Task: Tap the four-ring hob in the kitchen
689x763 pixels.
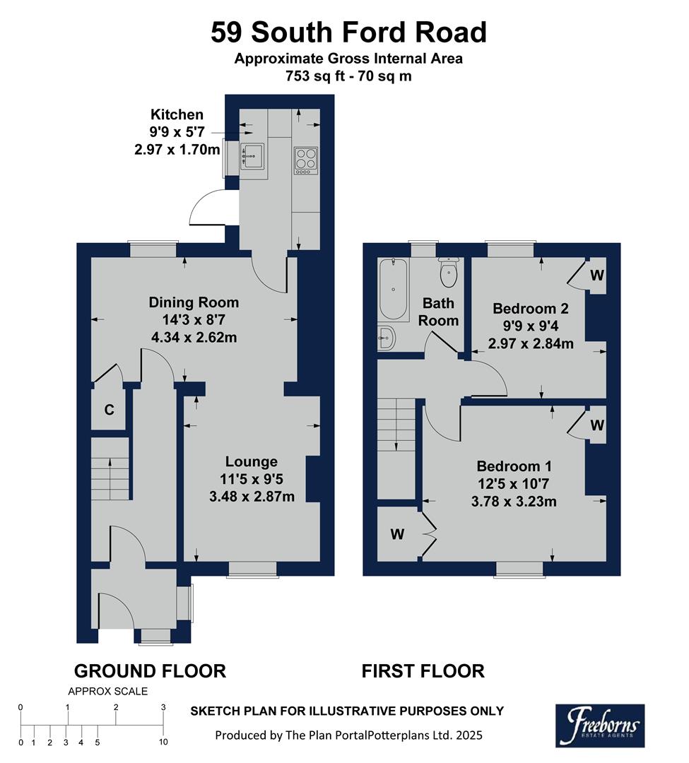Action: (x=305, y=159)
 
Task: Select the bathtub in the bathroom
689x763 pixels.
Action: (x=393, y=290)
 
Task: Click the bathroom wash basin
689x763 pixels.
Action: (x=387, y=338)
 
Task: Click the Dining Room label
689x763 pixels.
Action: (x=194, y=302)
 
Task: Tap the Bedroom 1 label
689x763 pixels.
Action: (x=514, y=466)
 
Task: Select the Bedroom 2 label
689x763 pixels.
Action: (x=530, y=309)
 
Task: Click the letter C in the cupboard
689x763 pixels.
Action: (x=109, y=410)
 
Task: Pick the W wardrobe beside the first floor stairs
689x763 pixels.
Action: (x=398, y=534)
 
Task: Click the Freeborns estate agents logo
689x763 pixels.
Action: (x=599, y=725)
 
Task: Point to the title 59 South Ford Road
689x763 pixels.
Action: (x=348, y=32)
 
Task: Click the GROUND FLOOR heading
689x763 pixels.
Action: (x=150, y=670)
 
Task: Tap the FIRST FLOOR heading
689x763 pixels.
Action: (x=423, y=670)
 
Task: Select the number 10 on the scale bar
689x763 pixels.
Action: (x=163, y=742)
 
